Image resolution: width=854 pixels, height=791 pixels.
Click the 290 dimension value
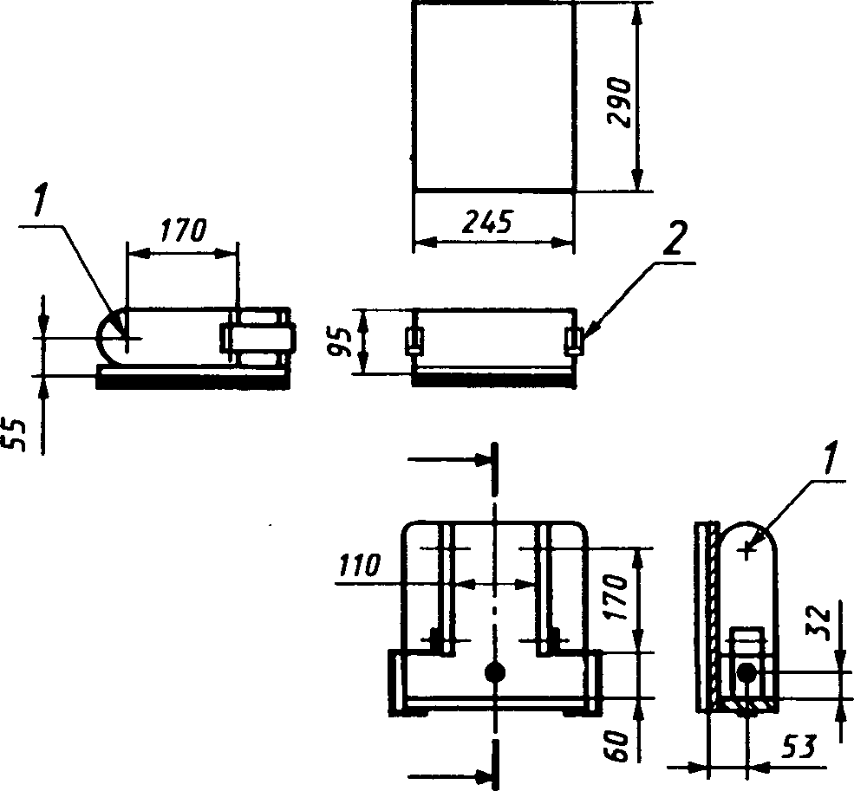[619, 102]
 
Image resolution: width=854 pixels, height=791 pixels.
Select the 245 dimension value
[487, 222]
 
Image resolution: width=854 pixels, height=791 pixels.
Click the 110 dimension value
[359, 566]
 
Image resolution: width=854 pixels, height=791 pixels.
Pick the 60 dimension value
[618, 747]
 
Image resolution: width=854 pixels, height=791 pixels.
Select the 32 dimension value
[818, 623]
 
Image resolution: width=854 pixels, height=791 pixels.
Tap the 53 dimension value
[799, 747]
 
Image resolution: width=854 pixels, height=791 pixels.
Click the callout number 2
[675, 238]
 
